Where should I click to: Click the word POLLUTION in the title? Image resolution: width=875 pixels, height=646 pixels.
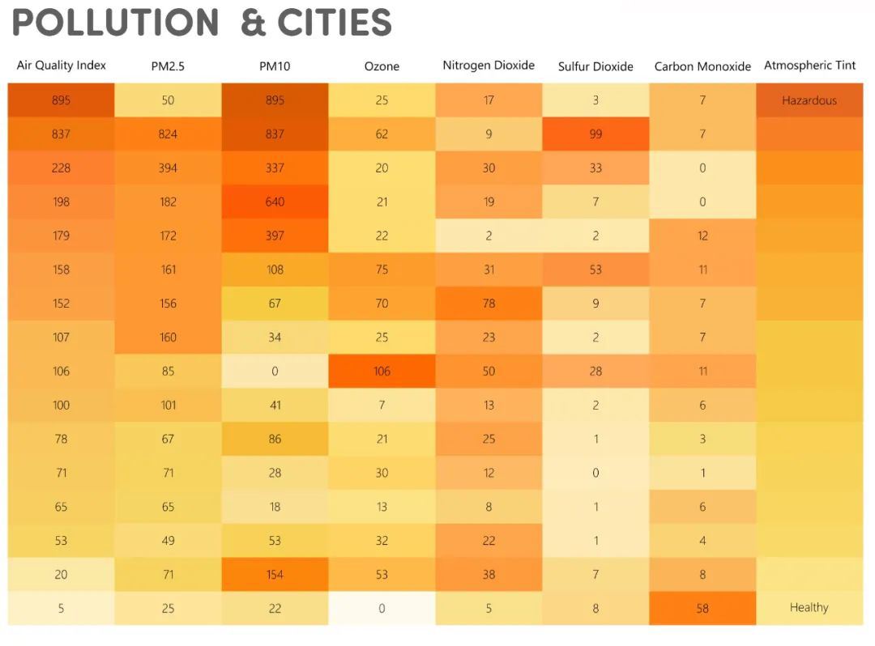pos(115,23)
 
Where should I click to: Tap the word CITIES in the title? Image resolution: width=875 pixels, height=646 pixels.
pos(335,23)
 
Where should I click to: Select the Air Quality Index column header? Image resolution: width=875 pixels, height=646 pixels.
pos(62,66)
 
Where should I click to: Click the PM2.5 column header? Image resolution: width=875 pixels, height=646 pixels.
pos(168,66)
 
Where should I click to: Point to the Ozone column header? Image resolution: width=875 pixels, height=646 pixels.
pos(382,66)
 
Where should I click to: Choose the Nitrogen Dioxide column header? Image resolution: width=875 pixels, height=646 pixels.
pos(489,66)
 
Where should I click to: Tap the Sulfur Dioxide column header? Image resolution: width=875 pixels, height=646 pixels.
pos(595,66)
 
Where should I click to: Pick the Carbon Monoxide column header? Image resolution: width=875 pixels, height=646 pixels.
pos(702,66)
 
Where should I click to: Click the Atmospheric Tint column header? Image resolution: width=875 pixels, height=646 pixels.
pos(809,66)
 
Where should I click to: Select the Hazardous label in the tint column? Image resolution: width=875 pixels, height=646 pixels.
pos(809,100)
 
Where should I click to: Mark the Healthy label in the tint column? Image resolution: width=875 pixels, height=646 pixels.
pos(809,607)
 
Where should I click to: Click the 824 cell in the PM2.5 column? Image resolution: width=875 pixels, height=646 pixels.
pos(168,134)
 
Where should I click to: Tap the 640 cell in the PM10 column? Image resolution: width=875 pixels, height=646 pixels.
pos(275,202)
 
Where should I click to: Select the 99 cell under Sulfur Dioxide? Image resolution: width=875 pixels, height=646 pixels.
pos(595,134)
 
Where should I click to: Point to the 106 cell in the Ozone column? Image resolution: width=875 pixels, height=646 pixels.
pos(382,371)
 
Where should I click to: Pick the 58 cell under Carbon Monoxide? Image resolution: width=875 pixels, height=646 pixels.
pos(702,608)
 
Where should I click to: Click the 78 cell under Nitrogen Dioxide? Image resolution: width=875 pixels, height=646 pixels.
pos(489,304)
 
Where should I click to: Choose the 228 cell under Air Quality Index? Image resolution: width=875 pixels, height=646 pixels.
pos(61,168)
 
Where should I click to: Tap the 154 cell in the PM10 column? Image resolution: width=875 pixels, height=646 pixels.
pos(275,574)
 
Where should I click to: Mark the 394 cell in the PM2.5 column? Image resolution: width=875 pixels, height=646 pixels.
pos(168,168)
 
